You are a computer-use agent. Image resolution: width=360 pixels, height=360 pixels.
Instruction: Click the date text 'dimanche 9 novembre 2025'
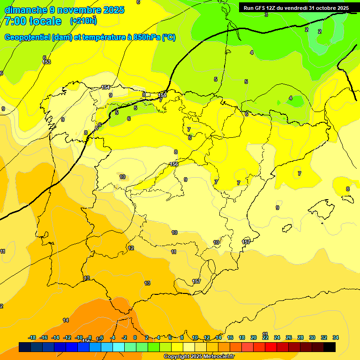click(64, 10)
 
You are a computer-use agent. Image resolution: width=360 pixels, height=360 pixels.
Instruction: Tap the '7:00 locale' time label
click(33, 21)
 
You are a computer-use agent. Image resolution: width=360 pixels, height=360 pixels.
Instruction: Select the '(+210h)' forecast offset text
click(83, 21)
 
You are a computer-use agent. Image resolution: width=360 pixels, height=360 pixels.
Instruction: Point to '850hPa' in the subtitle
click(147, 37)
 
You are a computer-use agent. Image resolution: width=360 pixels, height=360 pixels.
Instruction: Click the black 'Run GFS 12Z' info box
click(296, 8)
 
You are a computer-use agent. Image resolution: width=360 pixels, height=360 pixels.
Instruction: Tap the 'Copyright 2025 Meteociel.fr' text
click(199, 357)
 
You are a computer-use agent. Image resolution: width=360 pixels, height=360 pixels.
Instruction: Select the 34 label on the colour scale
click(336, 337)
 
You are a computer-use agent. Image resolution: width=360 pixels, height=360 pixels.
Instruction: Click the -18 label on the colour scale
click(32, 337)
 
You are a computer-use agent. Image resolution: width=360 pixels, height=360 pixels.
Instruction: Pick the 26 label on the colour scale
click(289, 337)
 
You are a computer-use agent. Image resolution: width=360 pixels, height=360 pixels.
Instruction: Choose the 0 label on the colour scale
click(135, 337)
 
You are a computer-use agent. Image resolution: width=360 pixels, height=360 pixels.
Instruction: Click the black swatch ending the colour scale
click(330, 347)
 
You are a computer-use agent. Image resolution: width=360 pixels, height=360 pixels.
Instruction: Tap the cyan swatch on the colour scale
click(119, 347)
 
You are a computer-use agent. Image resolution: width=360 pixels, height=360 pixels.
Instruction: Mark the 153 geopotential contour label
click(46, 62)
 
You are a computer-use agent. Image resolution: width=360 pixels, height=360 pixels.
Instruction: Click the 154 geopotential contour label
click(105, 87)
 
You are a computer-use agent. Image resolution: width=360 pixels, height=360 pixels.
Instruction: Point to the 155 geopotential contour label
click(162, 95)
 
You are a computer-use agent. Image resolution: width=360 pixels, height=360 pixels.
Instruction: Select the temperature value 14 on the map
click(66, 320)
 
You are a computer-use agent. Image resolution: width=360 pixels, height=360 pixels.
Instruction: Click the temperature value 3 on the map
click(266, 15)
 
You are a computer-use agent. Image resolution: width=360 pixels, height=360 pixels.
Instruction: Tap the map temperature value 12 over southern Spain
click(131, 248)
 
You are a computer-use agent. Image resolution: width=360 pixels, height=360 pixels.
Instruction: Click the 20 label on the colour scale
click(254, 337)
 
